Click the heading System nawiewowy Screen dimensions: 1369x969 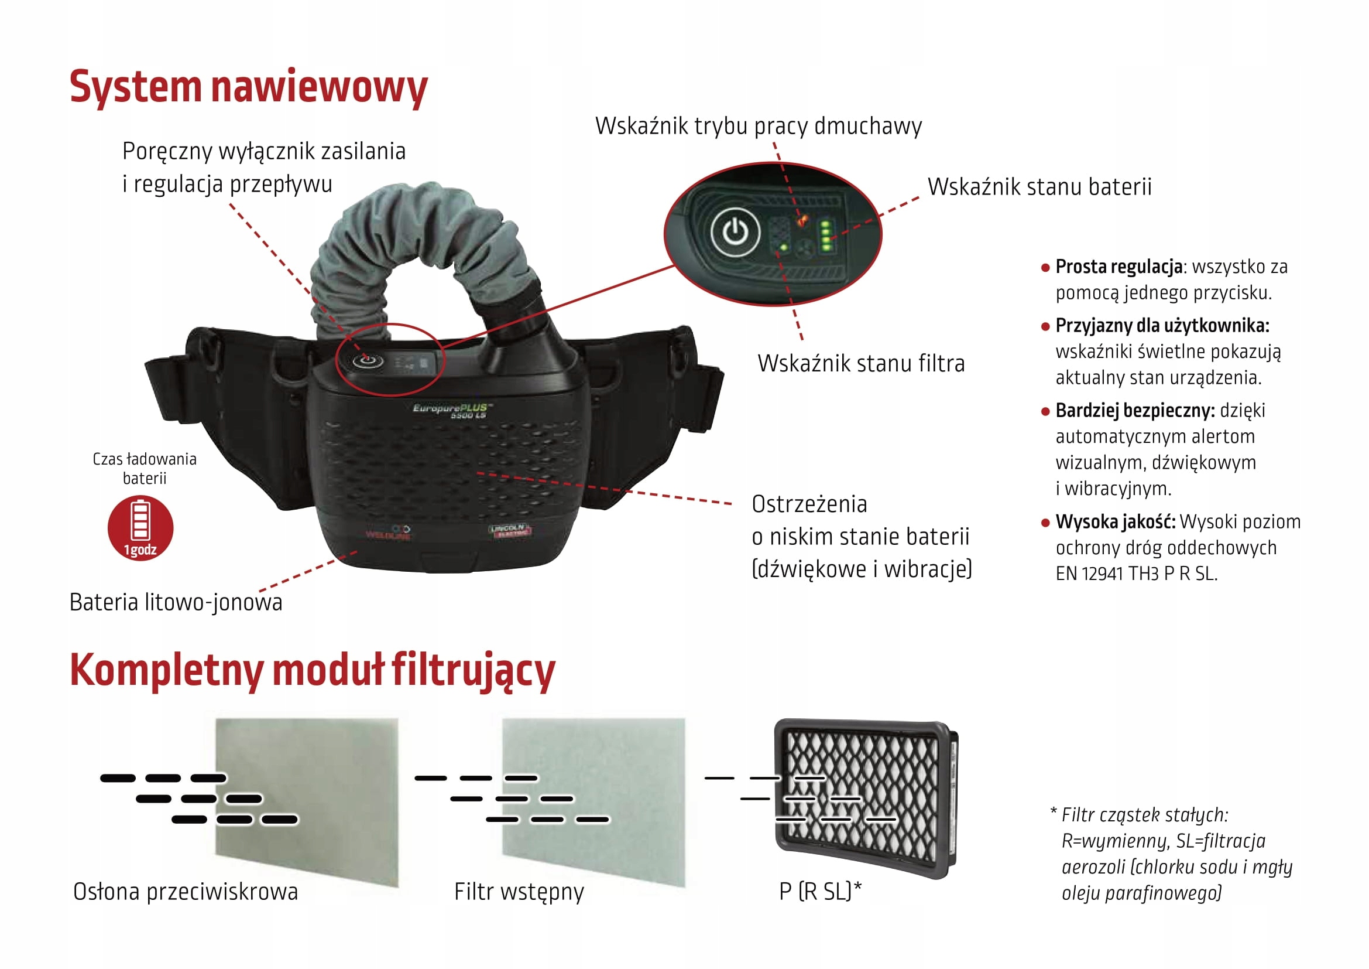pos(248,87)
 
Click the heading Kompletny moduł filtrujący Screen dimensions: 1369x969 pos(313,671)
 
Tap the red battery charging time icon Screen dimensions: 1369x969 pos(140,527)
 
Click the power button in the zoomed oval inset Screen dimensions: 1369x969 pos(735,231)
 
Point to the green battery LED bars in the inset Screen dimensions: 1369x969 pos(826,236)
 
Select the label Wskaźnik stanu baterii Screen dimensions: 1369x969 pos(1039,187)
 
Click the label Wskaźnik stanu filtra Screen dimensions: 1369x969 pos(861,363)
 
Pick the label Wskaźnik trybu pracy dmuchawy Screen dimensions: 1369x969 pos(759,126)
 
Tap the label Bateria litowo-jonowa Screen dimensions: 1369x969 pos(176,603)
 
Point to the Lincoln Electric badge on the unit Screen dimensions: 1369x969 pos(510,530)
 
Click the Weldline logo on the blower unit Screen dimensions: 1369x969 pos(388,532)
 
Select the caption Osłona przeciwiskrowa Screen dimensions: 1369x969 pos(186,892)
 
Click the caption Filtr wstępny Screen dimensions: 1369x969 pos(519,892)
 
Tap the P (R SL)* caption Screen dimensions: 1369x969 pos(821,892)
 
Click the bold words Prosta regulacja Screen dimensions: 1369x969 pos(1118,267)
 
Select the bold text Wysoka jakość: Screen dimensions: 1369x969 pos(1115,522)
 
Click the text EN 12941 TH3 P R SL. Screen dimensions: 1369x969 pos(1137,574)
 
